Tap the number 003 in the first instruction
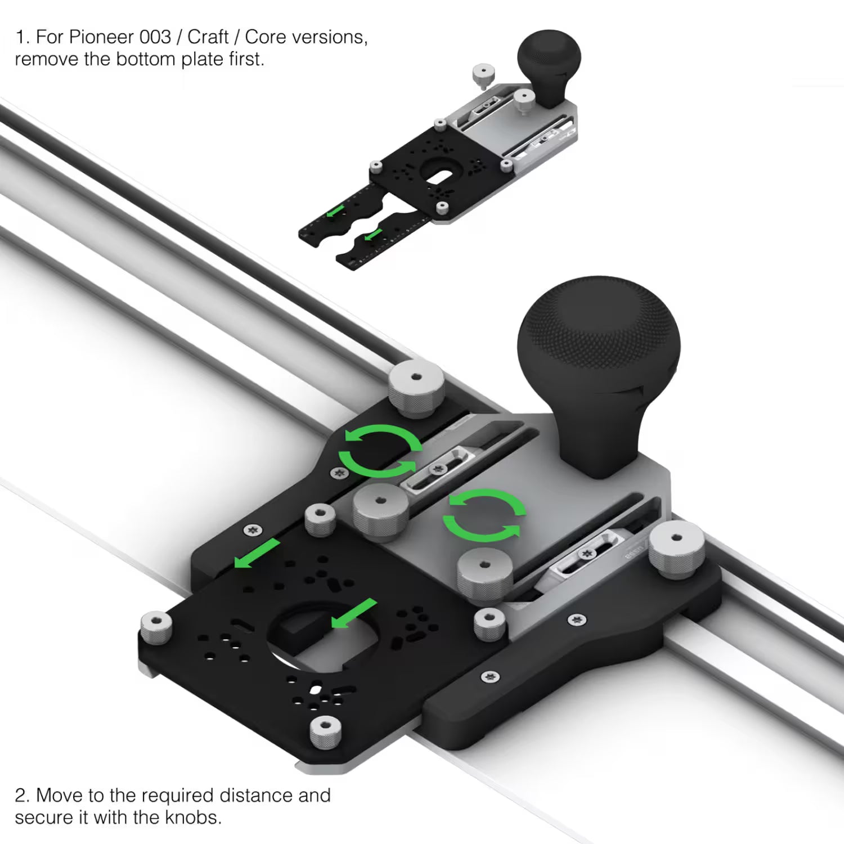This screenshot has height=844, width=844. click(x=155, y=37)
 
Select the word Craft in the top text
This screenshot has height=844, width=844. click(x=208, y=37)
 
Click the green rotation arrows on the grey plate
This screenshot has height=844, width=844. click(x=484, y=515)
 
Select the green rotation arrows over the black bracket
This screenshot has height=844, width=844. click(x=380, y=451)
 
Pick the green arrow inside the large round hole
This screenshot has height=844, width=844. click(x=353, y=613)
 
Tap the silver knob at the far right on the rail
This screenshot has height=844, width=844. click(x=676, y=550)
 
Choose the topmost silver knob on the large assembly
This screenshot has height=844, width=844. click(x=416, y=388)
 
